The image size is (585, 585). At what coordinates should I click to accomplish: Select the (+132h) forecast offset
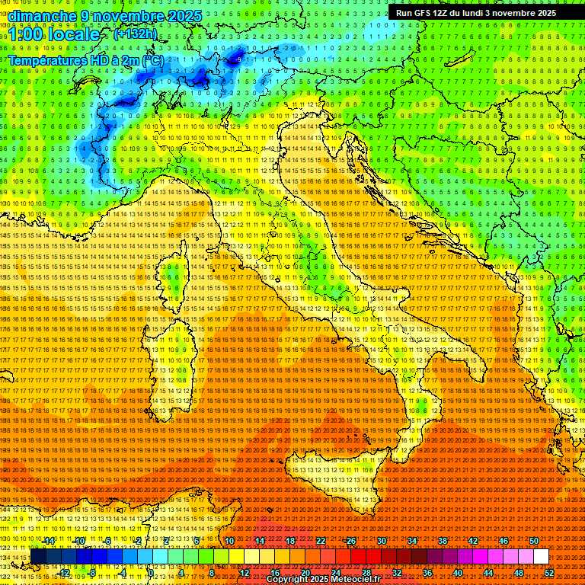pyautogui.click(x=136, y=34)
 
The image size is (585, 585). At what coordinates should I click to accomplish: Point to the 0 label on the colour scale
pyautogui.click(x=151, y=573)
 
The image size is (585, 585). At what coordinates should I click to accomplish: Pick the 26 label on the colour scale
pyautogui.click(x=350, y=541)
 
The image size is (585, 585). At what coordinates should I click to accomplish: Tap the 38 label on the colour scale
pyautogui.click(x=442, y=541)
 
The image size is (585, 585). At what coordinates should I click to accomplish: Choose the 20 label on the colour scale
pyautogui.click(x=305, y=573)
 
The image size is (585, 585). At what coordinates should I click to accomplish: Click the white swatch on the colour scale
pyautogui.click(x=541, y=557)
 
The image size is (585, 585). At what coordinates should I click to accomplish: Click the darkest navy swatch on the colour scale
pyautogui.click(x=37, y=557)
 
